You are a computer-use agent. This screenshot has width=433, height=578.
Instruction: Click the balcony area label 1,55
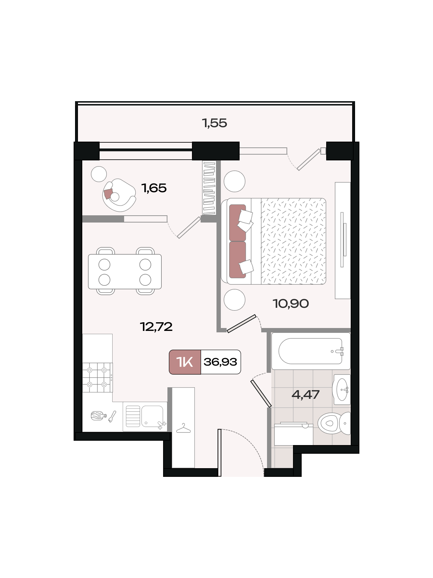point(214,123)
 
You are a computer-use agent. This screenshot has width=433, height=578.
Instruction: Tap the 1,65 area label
point(154,188)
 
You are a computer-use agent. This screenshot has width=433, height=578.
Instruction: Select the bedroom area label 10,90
point(290,303)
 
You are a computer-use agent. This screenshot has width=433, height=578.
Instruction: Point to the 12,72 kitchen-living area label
point(156,327)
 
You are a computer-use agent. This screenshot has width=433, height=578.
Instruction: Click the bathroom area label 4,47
point(306,394)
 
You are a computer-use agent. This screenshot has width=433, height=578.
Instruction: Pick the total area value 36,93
point(220,362)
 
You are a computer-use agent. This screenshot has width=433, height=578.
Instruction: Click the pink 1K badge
point(185,362)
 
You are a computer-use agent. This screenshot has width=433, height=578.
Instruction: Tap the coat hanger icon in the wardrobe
point(183,428)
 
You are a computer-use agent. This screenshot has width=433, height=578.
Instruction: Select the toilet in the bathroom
point(334,423)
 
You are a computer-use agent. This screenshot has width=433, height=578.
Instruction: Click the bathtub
point(311,351)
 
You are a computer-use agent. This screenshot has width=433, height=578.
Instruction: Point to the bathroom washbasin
point(341,389)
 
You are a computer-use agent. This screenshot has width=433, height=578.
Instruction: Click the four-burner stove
point(97,378)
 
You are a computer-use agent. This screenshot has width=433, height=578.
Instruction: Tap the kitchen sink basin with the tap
point(153,416)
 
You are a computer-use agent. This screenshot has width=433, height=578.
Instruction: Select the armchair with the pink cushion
point(119,195)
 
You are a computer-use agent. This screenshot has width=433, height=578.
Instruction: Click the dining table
point(125,272)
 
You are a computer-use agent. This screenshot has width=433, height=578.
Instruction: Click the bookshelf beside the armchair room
point(210,188)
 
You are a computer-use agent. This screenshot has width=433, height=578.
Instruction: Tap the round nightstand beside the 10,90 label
point(235,300)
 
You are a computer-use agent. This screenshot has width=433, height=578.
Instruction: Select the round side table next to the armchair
point(99,174)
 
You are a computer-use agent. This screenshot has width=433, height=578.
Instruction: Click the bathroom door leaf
point(261,393)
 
